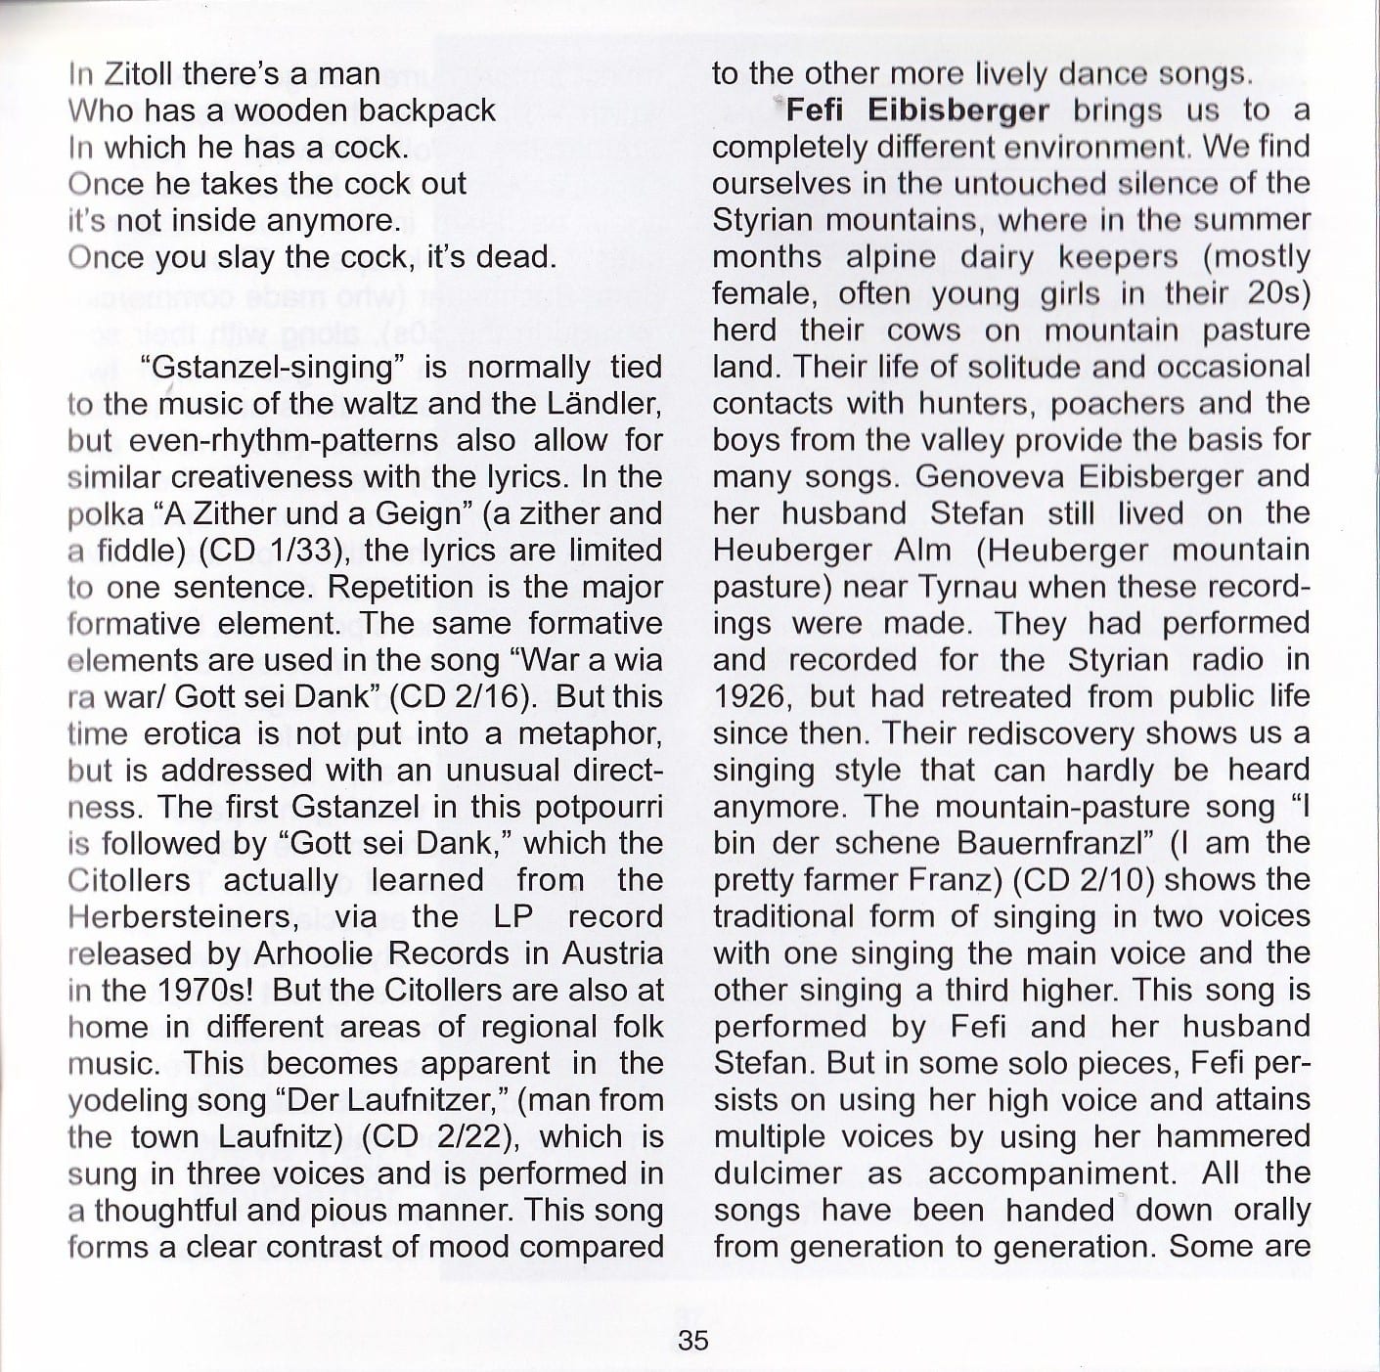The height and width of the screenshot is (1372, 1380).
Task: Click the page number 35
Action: pos(692,1339)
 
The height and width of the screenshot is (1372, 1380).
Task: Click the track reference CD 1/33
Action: pos(270,551)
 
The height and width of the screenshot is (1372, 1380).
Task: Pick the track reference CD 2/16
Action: pos(461,697)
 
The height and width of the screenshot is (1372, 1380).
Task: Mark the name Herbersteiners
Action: pos(182,917)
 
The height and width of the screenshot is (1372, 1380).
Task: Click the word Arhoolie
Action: pos(310,953)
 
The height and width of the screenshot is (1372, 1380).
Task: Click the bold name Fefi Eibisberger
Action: pos(917,111)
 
